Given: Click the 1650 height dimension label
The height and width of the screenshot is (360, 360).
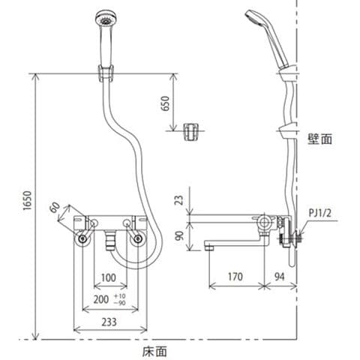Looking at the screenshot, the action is (28, 201).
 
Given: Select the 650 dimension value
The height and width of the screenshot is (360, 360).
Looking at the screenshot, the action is (165, 103).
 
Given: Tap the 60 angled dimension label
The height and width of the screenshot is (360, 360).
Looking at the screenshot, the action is (55, 207).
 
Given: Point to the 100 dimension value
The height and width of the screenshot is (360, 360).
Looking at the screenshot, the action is (109, 277).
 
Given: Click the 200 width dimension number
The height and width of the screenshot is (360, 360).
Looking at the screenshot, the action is (101, 299).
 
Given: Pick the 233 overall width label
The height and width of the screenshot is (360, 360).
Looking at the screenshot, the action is (109, 322).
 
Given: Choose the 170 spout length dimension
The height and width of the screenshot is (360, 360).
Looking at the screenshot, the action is (235, 277).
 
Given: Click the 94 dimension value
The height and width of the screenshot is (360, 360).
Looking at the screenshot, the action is (280, 277).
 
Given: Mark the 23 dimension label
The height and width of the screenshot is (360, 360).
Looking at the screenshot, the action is (179, 200).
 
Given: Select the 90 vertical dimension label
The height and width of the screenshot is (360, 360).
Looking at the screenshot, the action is (179, 235).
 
